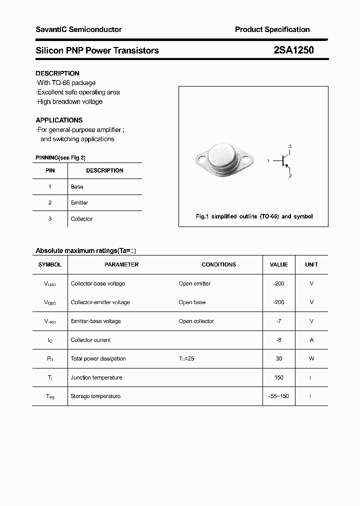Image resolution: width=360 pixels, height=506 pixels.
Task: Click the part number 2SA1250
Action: coord(293,50)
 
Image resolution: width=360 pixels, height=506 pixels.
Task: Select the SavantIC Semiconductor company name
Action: coord(78,29)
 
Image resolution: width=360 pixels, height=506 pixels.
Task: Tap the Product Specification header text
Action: coord(272,29)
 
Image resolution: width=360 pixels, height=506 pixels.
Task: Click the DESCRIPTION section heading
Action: coord(57,73)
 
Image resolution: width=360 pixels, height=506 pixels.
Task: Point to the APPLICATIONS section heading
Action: coord(59,120)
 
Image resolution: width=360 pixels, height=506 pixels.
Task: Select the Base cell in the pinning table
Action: coord(77,186)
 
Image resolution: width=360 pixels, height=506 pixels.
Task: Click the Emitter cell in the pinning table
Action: coord(79,202)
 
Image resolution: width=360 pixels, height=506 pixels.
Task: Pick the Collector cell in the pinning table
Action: coord(81,219)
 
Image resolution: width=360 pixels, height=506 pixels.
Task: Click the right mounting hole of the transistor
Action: coord(246,160)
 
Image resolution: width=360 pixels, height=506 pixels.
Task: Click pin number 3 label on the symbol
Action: coord(290,146)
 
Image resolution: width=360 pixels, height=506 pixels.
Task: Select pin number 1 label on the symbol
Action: coord(268,161)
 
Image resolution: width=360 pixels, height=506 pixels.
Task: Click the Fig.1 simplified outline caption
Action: coord(253,216)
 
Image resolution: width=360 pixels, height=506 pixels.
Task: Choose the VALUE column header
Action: coord(278,264)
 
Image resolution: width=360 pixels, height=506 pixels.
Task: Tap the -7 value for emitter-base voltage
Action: coord(278,321)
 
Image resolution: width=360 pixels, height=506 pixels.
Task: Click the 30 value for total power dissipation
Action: coord(278,358)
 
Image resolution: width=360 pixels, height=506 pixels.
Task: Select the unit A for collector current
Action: coord(311,340)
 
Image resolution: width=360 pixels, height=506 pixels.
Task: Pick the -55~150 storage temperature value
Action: coord(278,396)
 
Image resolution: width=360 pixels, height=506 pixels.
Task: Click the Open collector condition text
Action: coord(196,321)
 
